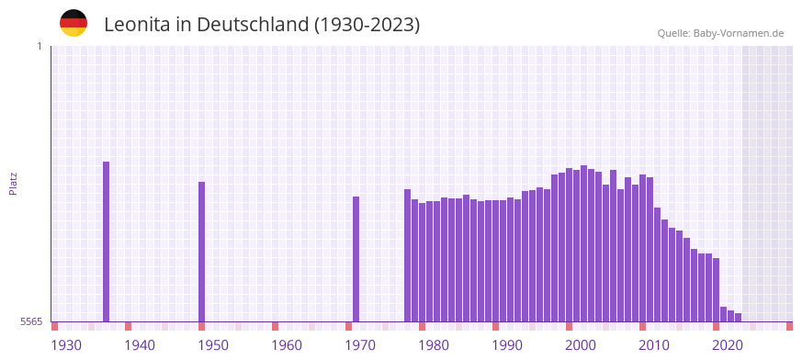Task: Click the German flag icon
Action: [x=73, y=24]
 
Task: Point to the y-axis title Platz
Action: [x=13, y=183]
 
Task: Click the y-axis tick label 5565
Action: [x=30, y=322]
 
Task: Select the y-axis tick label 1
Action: [x=39, y=46]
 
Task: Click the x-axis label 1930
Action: [x=66, y=345]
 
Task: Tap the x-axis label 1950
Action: [x=213, y=345]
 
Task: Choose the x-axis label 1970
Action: [x=360, y=345]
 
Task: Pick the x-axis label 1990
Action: [x=507, y=345]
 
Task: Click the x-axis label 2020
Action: [x=728, y=345]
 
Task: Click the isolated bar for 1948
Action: [x=202, y=252]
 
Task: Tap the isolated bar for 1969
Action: [x=356, y=259]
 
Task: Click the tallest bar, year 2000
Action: [x=584, y=243]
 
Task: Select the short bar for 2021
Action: [x=731, y=316]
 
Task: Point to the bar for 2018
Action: [x=717, y=289]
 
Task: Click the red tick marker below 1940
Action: [x=129, y=326]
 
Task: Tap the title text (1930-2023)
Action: [x=367, y=25]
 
